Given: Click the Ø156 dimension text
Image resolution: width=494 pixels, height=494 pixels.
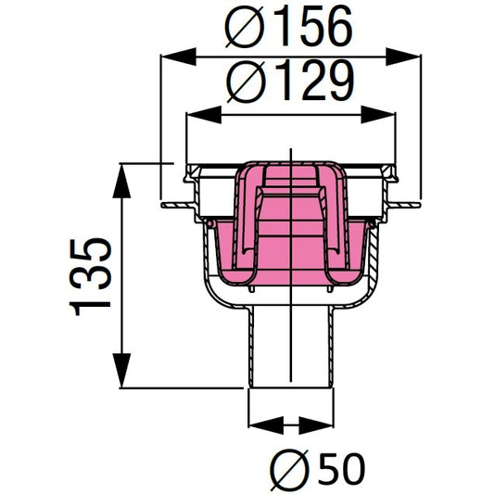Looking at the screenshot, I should point(290,29).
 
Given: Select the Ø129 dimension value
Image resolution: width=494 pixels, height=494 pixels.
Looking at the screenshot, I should point(290,84).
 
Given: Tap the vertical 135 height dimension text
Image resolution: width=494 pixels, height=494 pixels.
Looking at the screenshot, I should point(92,275).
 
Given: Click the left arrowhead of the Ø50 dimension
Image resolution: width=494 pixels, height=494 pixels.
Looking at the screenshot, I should point(262,427).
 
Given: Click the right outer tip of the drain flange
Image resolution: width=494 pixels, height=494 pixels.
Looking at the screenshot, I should point(414,200).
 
